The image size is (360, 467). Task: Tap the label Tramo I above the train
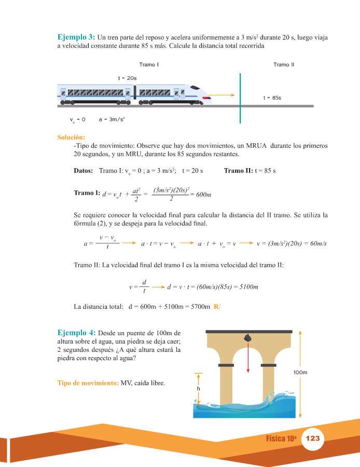149,65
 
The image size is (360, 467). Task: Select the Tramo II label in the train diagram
283,65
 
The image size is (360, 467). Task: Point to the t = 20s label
127,78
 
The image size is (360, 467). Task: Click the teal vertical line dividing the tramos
240,99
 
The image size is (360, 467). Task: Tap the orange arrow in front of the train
224,95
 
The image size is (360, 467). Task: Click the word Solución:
71,138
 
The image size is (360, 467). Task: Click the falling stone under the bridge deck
248,338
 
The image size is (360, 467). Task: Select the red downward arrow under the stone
248,358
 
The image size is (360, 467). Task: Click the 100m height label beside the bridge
300,373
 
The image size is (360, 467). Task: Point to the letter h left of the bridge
198,388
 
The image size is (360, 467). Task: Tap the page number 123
312,438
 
